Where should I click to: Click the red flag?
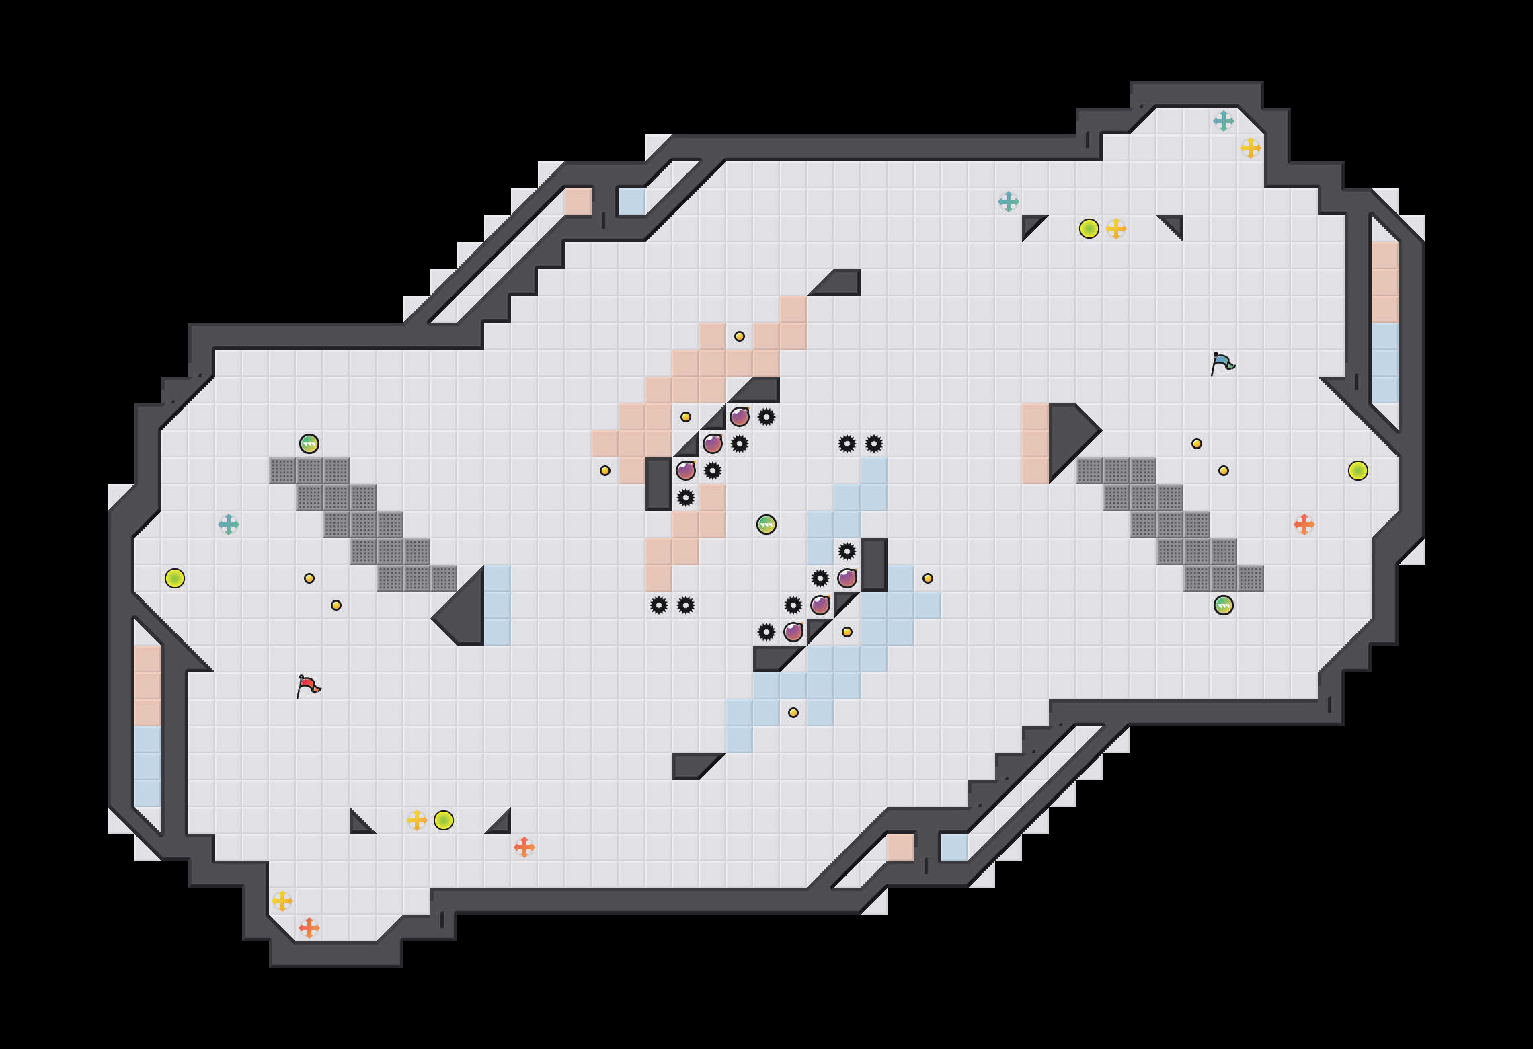click(x=308, y=686)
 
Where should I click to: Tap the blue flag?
click(x=1222, y=363)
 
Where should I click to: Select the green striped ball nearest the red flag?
click(x=309, y=444)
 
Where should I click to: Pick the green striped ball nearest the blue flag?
click(x=1224, y=605)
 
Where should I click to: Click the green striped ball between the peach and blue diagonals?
click(x=766, y=524)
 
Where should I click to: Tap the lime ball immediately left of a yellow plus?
click(x=1089, y=229)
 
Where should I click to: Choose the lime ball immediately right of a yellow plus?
click(x=444, y=820)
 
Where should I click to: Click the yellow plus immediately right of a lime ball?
click(x=1116, y=229)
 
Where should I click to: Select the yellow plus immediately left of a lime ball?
click(x=417, y=820)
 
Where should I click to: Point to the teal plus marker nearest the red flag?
click(x=229, y=524)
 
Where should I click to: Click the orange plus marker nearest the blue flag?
click(x=1304, y=524)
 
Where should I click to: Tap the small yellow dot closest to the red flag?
click(x=336, y=605)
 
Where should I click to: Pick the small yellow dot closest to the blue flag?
click(x=1197, y=444)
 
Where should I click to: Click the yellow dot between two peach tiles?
click(x=740, y=336)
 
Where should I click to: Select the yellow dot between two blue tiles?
click(x=793, y=713)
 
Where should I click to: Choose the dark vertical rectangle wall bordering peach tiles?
click(x=659, y=484)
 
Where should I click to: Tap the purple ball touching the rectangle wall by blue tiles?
click(x=847, y=578)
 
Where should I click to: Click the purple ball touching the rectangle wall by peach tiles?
click(x=686, y=471)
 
